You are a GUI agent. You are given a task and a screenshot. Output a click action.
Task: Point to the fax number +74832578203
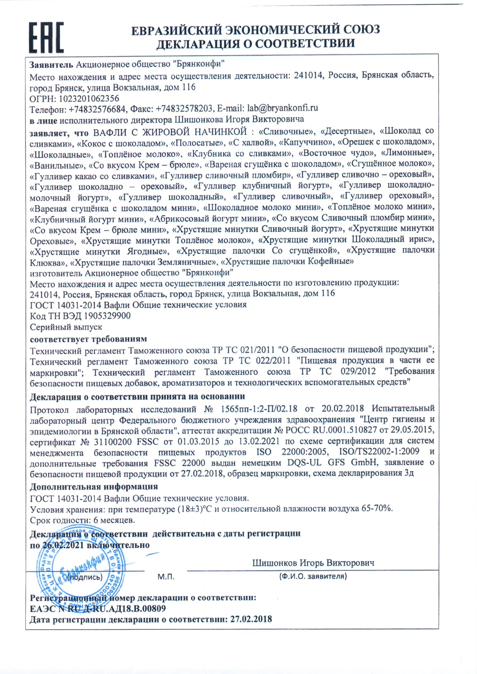pyautogui.click(x=184, y=109)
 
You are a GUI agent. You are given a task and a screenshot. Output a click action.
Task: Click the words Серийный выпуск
pyautogui.click(x=66, y=327)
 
